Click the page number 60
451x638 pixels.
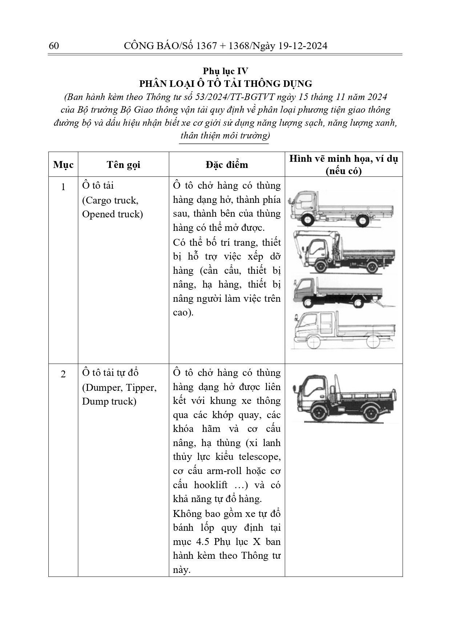[x=53, y=46]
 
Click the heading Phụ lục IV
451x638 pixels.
[x=225, y=71]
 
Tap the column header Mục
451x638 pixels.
[x=63, y=165]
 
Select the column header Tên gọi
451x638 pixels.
[x=123, y=165]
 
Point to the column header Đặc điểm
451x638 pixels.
[x=226, y=165]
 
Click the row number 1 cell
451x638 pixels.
[x=63, y=187]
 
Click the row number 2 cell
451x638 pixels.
[x=63, y=374]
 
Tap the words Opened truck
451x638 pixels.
[x=112, y=214]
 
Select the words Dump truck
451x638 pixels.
[x=109, y=401]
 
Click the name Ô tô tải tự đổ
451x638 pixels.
[x=110, y=373]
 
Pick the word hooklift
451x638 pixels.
[x=211, y=485]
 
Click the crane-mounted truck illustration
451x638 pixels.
[x=343, y=252]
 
